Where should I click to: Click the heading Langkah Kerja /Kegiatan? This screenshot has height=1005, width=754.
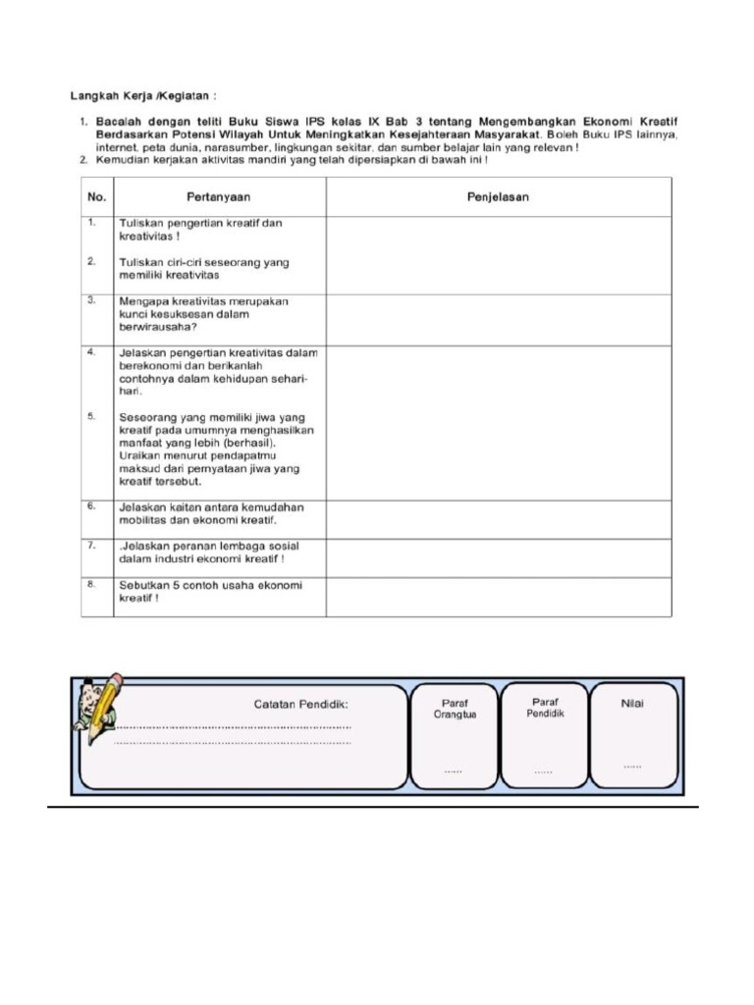(x=142, y=96)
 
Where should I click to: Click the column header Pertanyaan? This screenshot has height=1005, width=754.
(x=219, y=197)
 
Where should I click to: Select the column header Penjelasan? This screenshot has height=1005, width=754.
(x=498, y=197)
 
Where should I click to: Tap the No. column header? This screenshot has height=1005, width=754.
(x=96, y=197)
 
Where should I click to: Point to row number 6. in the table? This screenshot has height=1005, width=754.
(x=90, y=506)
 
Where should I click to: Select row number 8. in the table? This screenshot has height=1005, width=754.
(x=90, y=585)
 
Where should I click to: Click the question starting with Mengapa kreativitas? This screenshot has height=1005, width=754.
(x=203, y=315)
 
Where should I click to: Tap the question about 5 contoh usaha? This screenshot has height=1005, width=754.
(x=210, y=592)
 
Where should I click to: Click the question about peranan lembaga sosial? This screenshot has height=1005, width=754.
(x=208, y=553)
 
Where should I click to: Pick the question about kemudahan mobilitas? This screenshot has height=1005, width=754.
(x=211, y=513)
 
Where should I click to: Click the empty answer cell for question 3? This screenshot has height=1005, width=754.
(x=498, y=318)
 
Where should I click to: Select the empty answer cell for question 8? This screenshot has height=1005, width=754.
(x=498, y=596)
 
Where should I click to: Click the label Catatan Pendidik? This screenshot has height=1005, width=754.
(x=301, y=705)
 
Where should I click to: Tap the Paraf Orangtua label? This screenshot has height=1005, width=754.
(x=454, y=709)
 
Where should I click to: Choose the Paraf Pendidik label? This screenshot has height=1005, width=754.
(x=544, y=708)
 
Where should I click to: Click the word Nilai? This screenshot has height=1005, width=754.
(x=632, y=704)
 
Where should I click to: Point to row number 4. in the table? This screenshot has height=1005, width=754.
(x=90, y=351)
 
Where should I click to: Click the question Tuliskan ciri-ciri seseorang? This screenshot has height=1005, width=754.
(x=203, y=269)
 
